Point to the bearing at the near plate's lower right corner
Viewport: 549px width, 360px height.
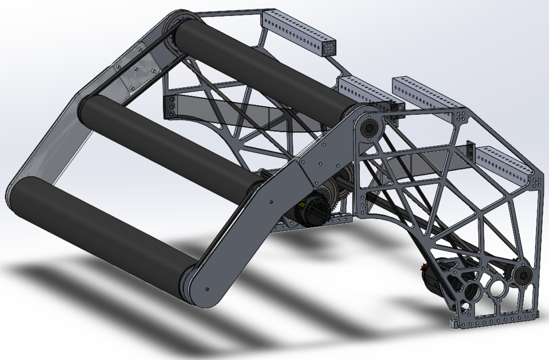(x=522, y=277)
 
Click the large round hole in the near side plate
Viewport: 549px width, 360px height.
(x=496, y=286)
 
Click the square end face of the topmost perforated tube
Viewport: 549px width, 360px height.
(x=330, y=49)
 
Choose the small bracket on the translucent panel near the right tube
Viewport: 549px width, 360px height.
(x=470, y=150)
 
